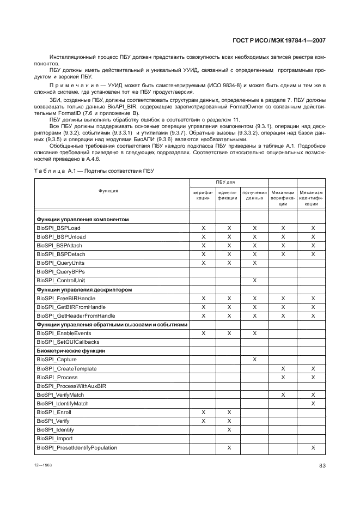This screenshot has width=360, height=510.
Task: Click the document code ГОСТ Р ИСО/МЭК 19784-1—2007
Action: (x=279, y=40)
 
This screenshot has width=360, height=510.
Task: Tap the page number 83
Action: (x=322, y=465)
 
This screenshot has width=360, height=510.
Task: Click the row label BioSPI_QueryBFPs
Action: (x=60, y=271)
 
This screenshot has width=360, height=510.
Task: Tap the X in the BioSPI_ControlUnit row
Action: (x=255, y=280)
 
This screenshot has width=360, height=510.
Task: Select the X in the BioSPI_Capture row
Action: (x=255, y=360)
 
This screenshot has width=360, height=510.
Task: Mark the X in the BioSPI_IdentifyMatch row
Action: (x=313, y=404)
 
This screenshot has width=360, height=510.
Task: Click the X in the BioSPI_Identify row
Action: (x=229, y=430)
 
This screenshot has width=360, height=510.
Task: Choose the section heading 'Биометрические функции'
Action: (x=70, y=351)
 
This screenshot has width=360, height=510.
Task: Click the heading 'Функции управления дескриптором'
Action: (x=84, y=289)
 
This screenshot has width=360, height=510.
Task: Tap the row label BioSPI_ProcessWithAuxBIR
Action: (x=71, y=386)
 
